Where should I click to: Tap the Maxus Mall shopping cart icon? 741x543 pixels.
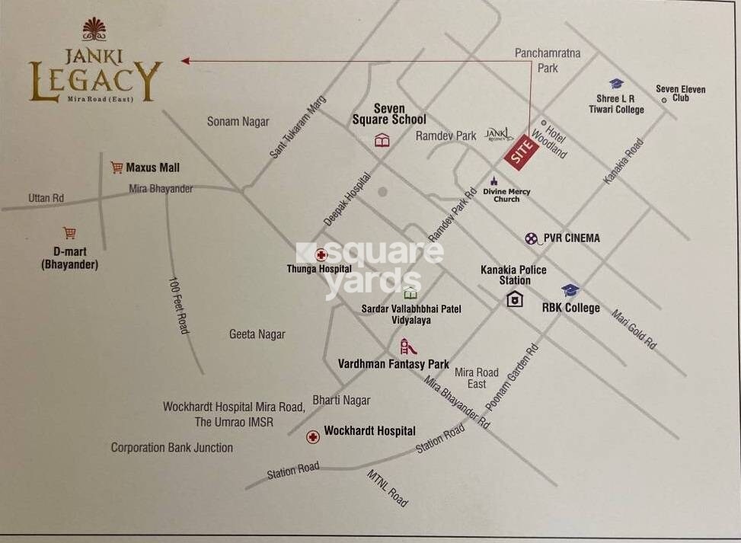pos(117,167)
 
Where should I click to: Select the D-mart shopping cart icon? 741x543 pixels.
pos(70,233)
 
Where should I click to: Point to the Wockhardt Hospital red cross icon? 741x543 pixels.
pos(312,436)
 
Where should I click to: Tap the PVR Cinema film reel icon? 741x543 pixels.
pos(532,238)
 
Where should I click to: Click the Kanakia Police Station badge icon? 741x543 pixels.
pos(515,299)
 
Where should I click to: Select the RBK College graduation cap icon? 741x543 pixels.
pos(570,290)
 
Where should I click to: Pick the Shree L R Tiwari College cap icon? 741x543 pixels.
pos(616,84)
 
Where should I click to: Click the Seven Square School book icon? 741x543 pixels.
pos(382,140)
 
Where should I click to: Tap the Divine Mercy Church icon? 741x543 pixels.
pos(494,181)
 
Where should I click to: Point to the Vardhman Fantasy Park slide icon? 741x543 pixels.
pos(408,347)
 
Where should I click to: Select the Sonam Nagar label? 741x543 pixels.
pos(238,121)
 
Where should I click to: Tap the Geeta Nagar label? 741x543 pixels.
pos(257,334)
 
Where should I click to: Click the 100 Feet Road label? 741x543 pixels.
pos(177,305)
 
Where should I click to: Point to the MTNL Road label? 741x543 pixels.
pos(388,488)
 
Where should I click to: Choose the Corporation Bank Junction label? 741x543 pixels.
pos(172,447)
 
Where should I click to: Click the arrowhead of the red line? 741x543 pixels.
pos(185,60)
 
